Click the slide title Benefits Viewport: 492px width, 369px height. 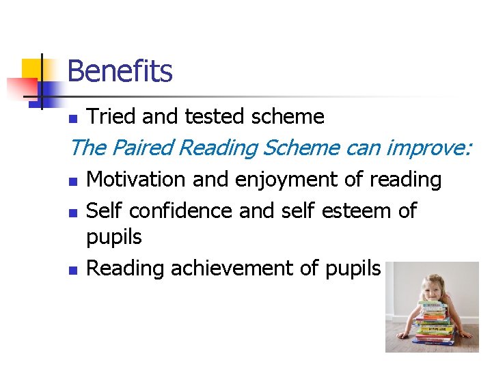120,71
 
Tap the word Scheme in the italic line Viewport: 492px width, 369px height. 305,148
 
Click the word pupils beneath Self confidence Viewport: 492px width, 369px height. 114,238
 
